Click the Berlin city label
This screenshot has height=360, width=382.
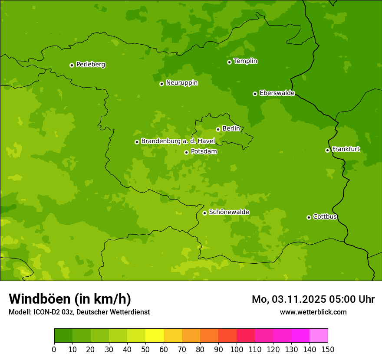[231, 128]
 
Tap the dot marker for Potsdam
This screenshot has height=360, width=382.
[186, 152]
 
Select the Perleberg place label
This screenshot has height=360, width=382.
[90, 65]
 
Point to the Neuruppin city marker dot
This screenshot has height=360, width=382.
[161, 84]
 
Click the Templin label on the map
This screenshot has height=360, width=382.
[245, 61]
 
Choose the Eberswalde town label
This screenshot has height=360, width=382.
[277, 93]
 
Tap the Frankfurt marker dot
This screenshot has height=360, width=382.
[327, 150]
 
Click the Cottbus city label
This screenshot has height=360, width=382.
[325, 216]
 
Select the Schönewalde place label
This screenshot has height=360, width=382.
[229, 212]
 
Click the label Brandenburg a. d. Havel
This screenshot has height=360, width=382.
[178, 141]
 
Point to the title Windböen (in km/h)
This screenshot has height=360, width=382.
[69, 299]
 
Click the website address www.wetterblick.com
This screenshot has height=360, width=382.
[313, 312]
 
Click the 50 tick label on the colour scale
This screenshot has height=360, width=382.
[145, 350]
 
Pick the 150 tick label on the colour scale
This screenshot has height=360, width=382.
[328, 350]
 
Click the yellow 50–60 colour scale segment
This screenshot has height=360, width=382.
[155, 336]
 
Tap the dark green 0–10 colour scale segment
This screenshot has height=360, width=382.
[63, 336]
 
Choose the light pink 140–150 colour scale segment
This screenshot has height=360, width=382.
[319, 336]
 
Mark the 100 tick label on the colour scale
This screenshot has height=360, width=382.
[237, 350]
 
